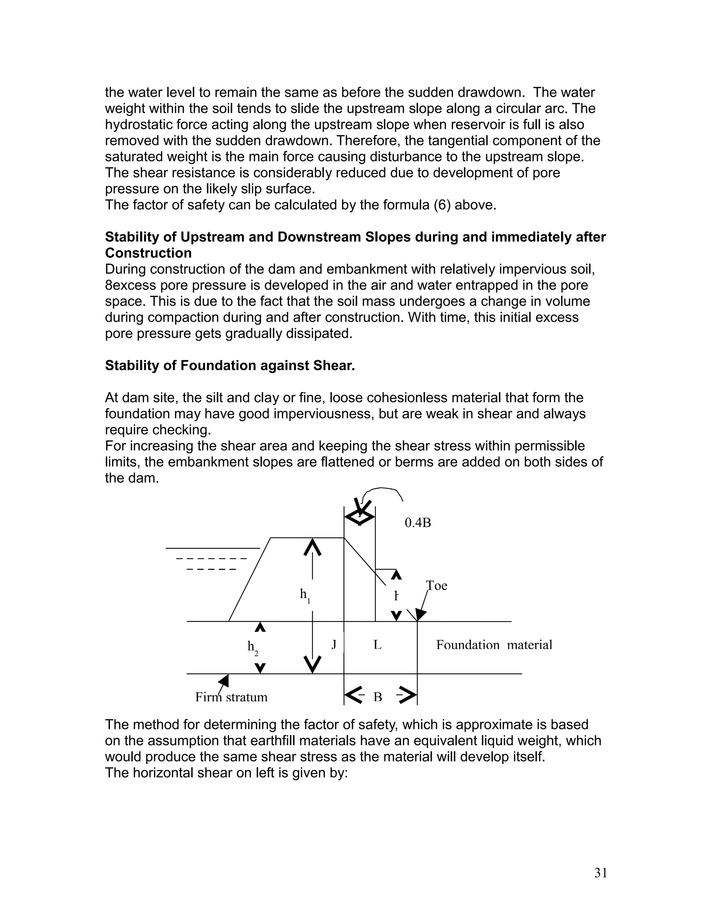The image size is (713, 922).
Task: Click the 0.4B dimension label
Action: coord(417,523)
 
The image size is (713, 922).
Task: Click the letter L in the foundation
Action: coord(377,645)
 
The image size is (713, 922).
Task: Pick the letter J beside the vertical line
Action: coord(334,644)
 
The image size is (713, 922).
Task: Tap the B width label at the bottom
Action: coord(378,697)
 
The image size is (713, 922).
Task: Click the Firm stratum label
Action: coord(231,697)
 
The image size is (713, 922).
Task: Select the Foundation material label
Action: coord(494,645)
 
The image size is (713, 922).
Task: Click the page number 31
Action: coord(600,873)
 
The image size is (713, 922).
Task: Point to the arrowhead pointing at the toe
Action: coord(421,614)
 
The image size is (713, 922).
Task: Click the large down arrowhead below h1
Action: coord(312,665)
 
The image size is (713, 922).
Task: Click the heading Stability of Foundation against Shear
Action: coord(230,366)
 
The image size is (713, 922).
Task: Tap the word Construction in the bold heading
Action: coord(148,253)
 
